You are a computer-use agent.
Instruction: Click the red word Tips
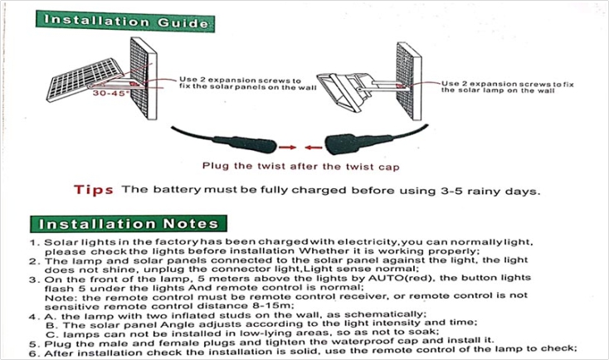point(94,190)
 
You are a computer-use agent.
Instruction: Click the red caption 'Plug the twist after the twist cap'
point(290,165)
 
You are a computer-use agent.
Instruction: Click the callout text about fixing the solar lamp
point(497,86)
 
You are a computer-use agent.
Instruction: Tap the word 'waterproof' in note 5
point(377,340)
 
